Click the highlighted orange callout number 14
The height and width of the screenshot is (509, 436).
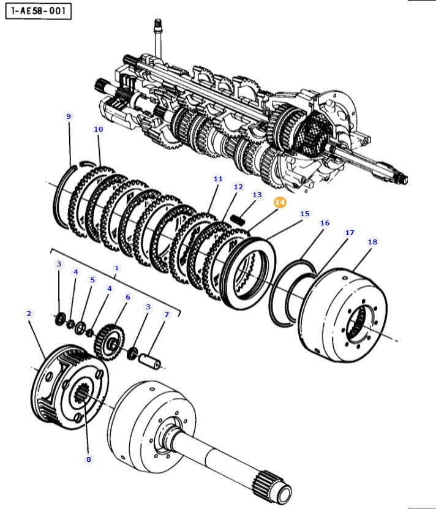click(280, 202)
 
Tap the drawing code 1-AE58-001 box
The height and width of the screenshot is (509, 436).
click(39, 11)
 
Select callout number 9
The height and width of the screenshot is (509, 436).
click(69, 116)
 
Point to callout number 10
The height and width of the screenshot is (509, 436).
click(99, 129)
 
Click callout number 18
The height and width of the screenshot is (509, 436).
click(372, 242)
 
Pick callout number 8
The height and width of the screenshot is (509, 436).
click(89, 459)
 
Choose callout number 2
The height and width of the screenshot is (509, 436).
click(29, 314)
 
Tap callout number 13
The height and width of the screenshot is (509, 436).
click(257, 195)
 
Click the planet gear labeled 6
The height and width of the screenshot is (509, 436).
click(110, 342)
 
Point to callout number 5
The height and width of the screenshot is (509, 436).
click(92, 280)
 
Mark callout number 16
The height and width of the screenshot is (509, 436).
click(325, 223)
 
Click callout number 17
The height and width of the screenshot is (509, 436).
click(349, 233)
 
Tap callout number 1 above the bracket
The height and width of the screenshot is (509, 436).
click(116, 268)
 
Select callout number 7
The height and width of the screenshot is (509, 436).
click(167, 315)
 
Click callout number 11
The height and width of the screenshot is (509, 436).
click(218, 179)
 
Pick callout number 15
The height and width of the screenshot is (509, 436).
click(304, 214)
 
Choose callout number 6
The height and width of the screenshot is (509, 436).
click(127, 297)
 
